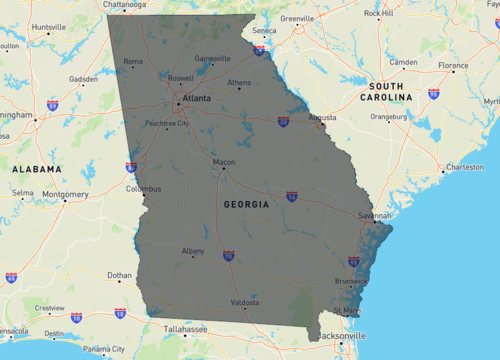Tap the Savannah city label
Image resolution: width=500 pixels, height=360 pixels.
coord(376,215)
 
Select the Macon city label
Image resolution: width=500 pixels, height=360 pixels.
coord(224,162)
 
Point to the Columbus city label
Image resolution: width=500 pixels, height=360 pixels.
coord(143,188)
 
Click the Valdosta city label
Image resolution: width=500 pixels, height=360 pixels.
coord(244,302)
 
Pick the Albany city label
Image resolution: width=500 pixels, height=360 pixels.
coord(193,250)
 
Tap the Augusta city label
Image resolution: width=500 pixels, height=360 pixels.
coord(322,117)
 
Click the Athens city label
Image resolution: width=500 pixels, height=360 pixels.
coord(239,83)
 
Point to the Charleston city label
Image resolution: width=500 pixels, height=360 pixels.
coord(464,167)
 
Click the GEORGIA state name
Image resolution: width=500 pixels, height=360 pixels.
coord(245,204)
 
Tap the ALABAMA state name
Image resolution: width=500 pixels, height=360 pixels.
coord(37,171)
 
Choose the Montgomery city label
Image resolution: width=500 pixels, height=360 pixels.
coord(65,194)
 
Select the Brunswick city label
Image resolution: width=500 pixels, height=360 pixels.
coord(351,281)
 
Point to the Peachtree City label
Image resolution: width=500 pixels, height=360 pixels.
coord(167,124)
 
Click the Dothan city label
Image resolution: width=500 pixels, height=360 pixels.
coord(119,275)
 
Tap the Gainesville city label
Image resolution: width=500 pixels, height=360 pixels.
coord(212,58)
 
